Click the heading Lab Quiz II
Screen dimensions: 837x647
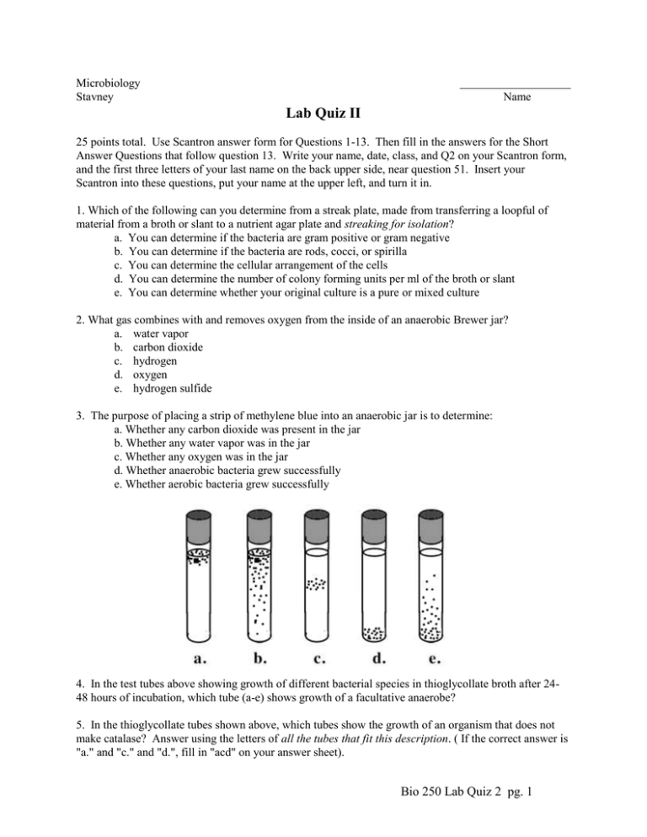[x=323, y=114]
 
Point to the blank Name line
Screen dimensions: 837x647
[x=515, y=86]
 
